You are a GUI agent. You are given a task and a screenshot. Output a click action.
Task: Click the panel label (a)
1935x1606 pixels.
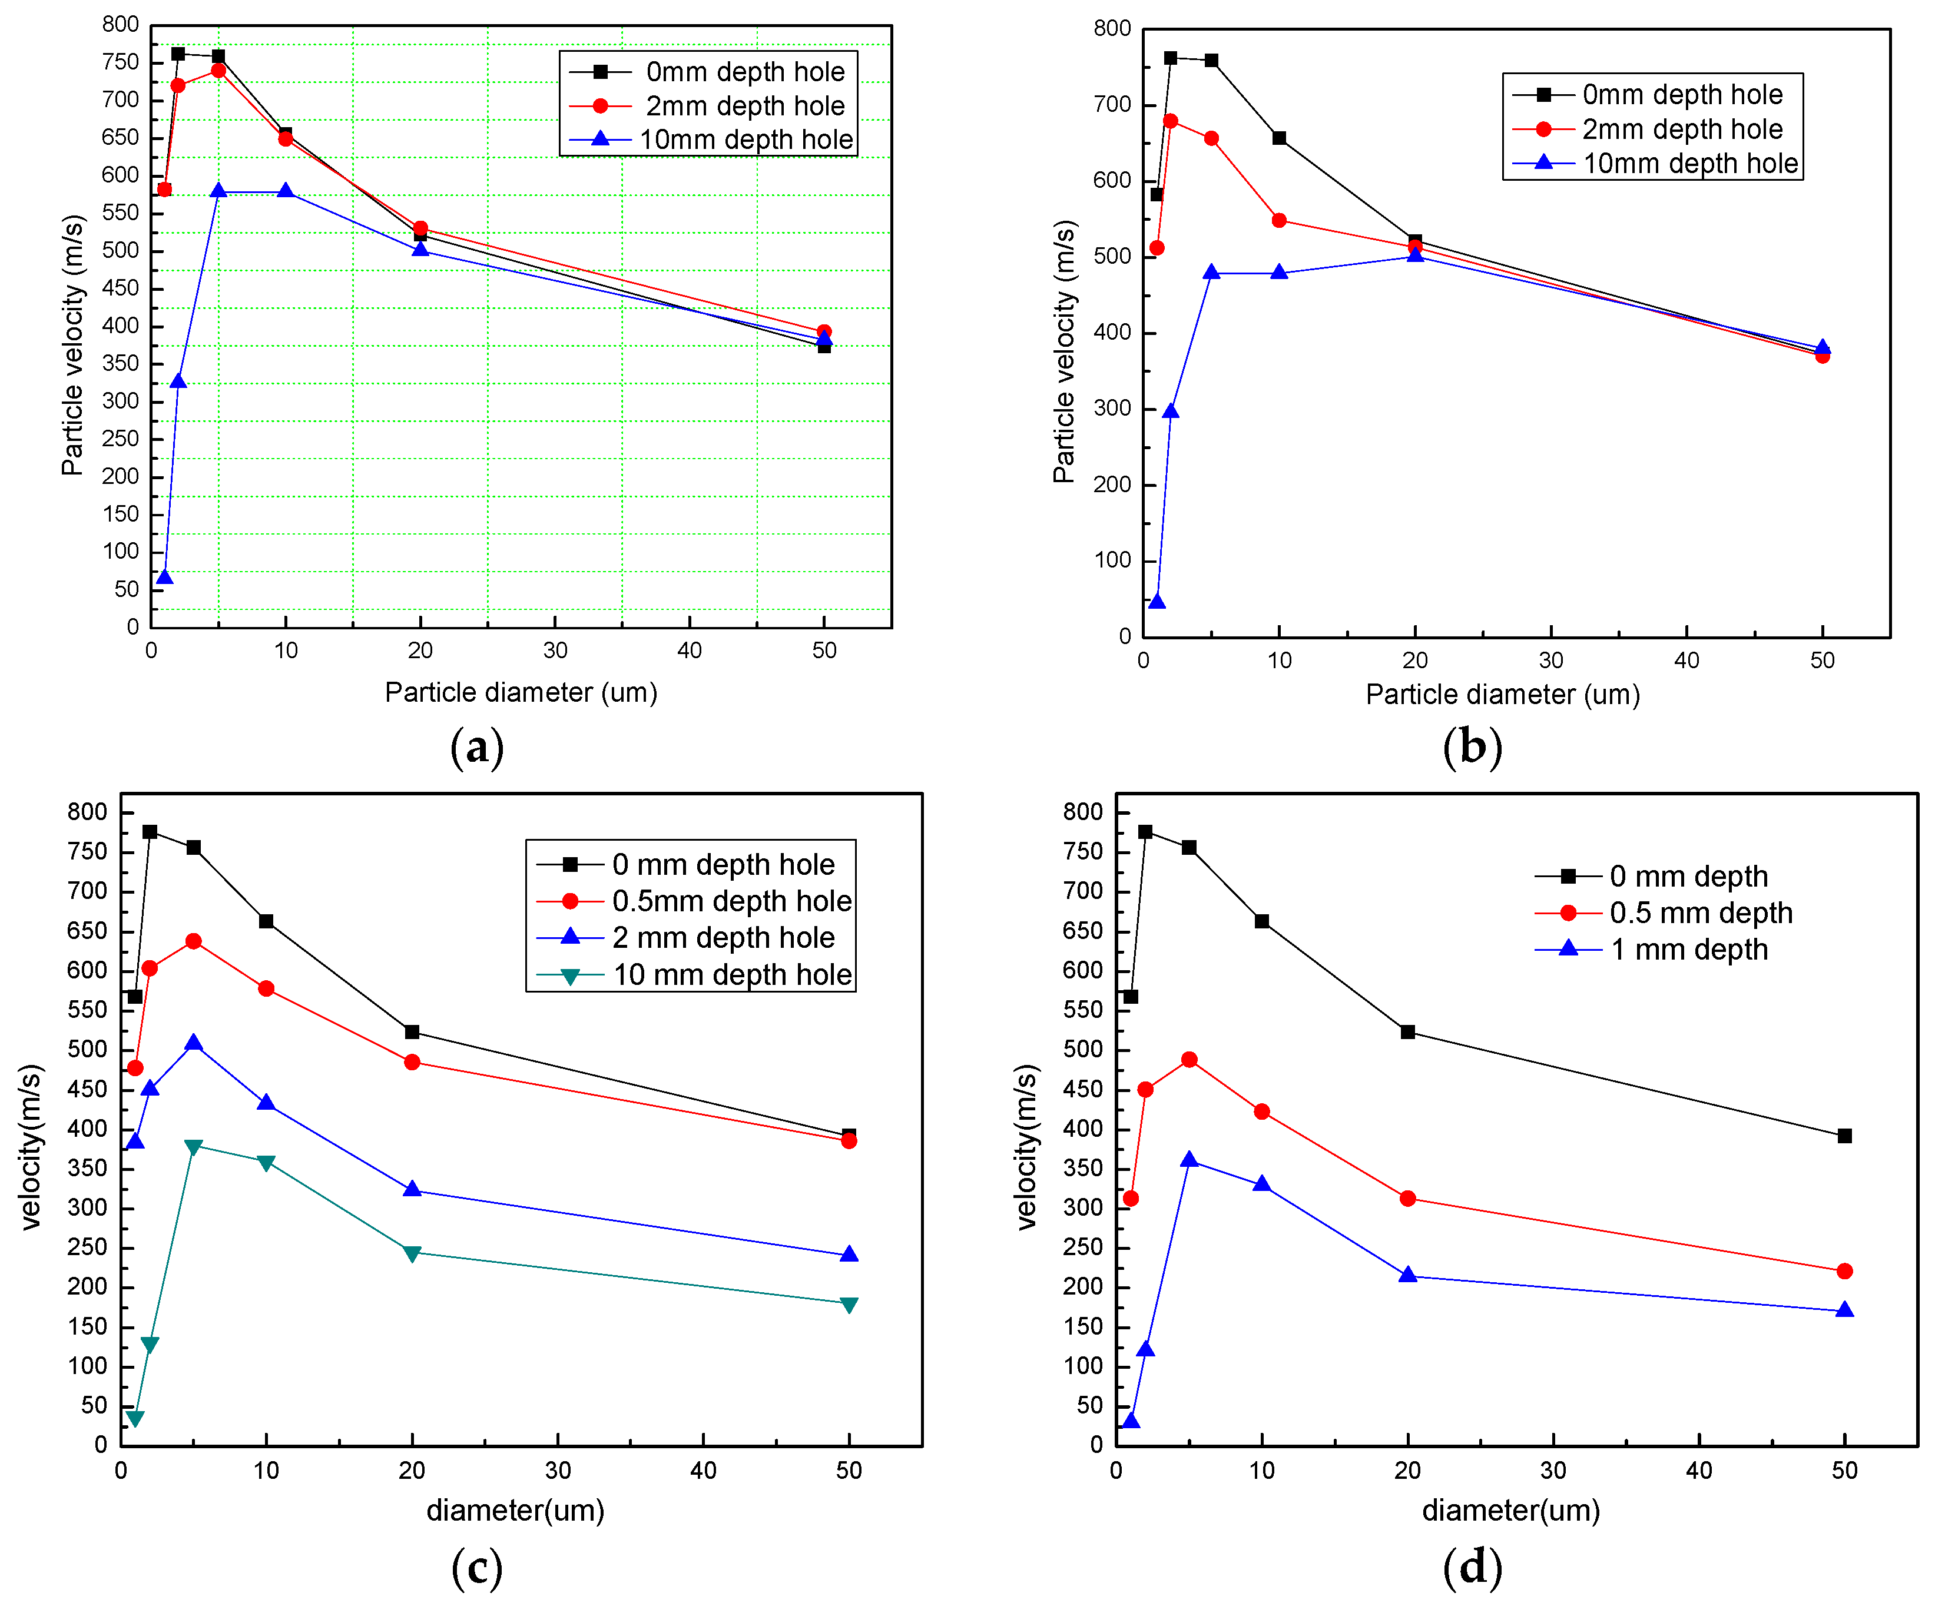click(476, 747)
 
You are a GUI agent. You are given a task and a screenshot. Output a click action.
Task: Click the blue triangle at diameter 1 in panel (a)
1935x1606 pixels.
click(165, 578)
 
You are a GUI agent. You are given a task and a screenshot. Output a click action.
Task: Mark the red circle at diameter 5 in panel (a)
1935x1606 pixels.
click(218, 71)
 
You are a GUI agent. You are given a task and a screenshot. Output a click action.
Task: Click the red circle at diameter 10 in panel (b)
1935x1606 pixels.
click(1279, 220)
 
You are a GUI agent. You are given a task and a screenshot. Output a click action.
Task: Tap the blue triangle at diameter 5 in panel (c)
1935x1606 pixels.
click(194, 1043)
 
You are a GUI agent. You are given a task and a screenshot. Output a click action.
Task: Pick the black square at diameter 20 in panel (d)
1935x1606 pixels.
click(1407, 1032)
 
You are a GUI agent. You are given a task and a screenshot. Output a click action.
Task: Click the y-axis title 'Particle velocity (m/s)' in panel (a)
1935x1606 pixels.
click(73, 346)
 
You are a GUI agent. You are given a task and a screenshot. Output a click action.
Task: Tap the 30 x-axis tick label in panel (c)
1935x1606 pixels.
click(558, 1471)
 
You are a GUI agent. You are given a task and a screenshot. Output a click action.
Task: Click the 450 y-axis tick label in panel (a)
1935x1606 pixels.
click(121, 288)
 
